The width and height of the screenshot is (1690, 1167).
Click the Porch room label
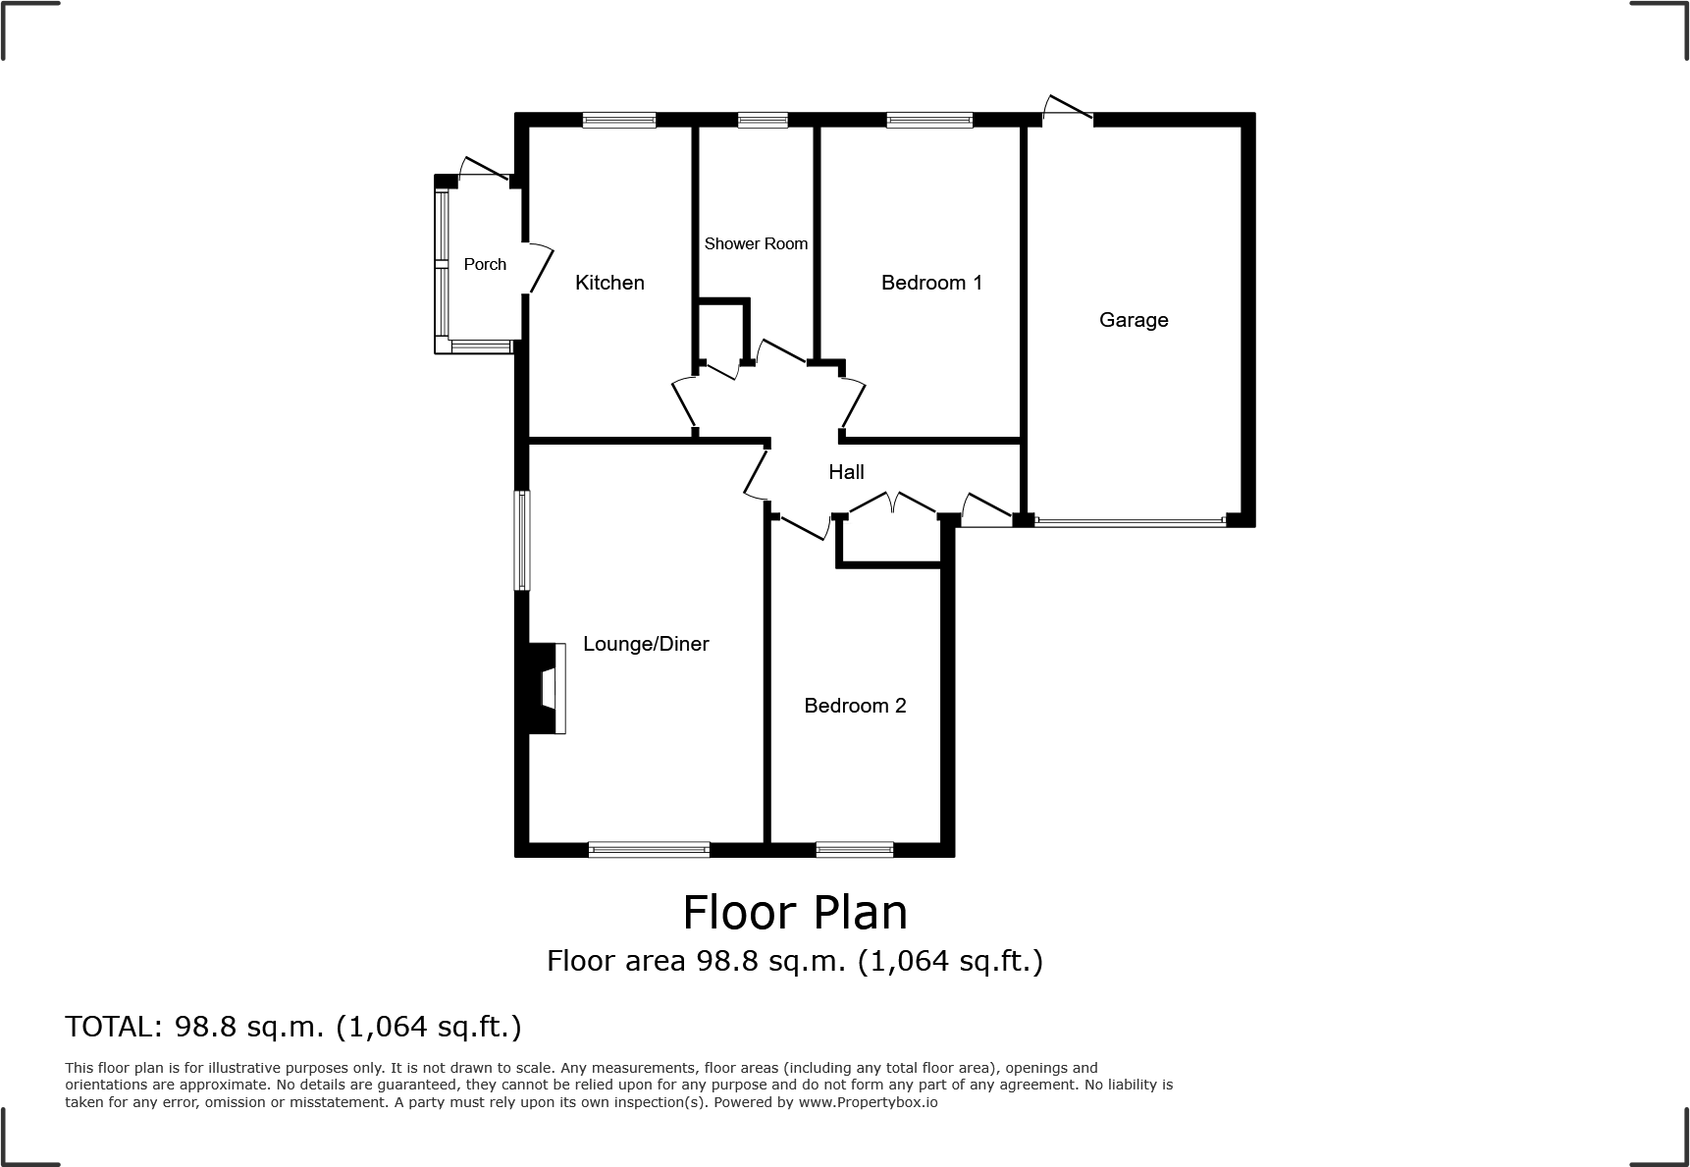click(485, 264)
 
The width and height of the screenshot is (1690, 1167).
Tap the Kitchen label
click(609, 283)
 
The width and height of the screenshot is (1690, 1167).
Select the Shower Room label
click(756, 243)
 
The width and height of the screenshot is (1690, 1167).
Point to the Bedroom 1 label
click(931, 283)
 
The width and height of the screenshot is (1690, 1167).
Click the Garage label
click(1134, 320)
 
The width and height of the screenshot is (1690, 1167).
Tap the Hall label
click(846, 472)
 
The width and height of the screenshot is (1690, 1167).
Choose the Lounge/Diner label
click(646, 644)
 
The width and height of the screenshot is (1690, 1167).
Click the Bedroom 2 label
click(855, 706)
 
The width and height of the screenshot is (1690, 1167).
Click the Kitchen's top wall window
click(619, 120)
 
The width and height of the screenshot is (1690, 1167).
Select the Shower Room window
click(763, 120)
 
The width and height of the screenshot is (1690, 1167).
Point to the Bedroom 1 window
click(929, 120)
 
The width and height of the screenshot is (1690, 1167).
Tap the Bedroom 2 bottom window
click(855, 849)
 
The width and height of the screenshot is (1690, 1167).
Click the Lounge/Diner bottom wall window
click(649, 849)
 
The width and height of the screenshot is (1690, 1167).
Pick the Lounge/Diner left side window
click(523, 541)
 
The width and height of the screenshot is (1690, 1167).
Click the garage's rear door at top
click(1067, 111)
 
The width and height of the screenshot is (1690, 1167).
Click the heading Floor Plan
click(795, 912)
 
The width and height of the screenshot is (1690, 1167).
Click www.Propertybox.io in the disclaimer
click(867, 1102)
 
